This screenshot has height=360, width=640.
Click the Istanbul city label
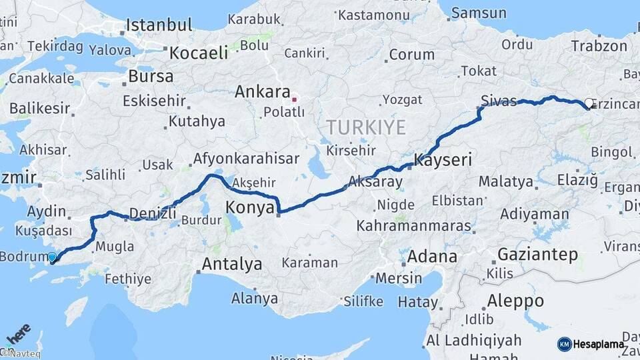click(159, 25)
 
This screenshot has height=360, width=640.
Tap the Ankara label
click(263, 92)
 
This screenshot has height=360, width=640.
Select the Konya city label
click(250, 207)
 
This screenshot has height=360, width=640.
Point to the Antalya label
click(232, 264)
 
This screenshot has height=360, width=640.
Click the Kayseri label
click(443, 160)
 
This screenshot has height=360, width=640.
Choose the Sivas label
click(499, 101)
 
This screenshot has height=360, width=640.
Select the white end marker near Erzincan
click(589, 103)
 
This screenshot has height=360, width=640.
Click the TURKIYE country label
click(366, 126)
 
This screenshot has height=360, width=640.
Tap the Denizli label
click(153, 213)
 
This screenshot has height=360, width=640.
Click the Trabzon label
click(599, 46)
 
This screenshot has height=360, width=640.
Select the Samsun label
click(479, 13)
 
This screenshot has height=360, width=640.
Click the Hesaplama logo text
click(599, 344)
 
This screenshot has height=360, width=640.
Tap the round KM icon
click(564, 344)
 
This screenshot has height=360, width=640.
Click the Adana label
click(432, 256)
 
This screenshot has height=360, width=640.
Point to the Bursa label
click(151, 76)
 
